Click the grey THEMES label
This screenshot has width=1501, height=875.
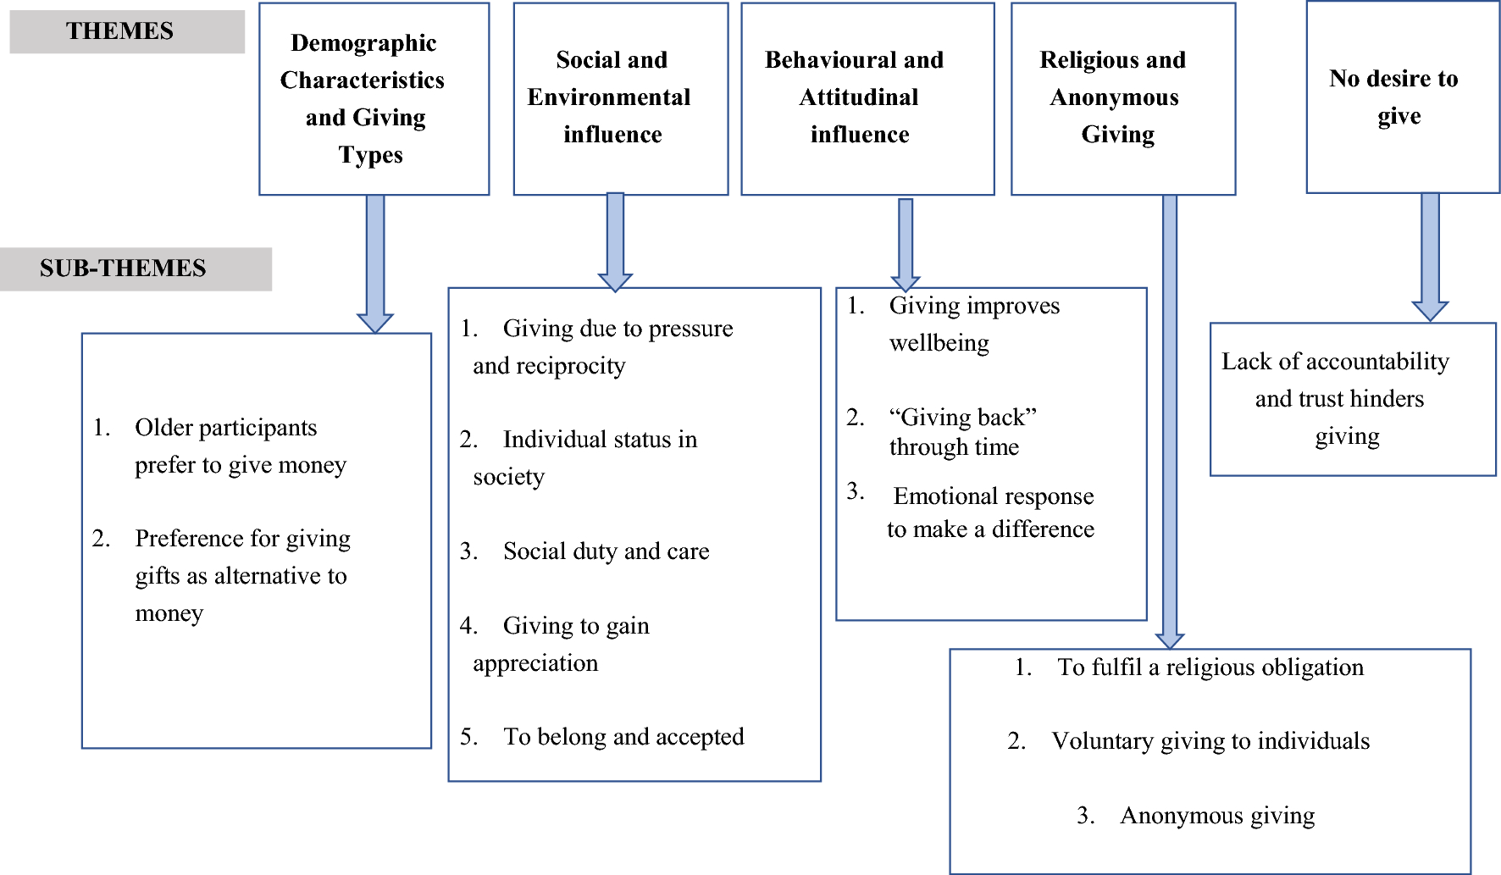click(120, 31)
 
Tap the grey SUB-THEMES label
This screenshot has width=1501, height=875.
click(124, 269)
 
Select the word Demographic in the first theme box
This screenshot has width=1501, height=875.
click(363, 43)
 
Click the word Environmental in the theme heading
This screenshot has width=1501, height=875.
click(608, 97)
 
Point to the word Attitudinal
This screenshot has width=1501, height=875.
click(859, 97)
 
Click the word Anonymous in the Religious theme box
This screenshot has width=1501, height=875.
click(1114, 97)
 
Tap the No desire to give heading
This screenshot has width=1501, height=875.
click(1394, 96)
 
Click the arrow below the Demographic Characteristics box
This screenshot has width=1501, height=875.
click(374, 263)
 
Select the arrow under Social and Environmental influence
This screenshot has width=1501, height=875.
click(616, 241)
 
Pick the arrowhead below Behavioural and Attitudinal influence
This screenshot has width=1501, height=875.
click(906, 282)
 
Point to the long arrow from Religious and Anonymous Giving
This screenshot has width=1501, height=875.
click(1170, 424)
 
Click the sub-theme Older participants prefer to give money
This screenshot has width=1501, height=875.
click(227, 446)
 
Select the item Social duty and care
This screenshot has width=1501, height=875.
click(606, 551)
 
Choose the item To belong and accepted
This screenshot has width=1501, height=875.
click(623, 737)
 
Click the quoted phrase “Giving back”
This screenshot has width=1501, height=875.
click(962, 418)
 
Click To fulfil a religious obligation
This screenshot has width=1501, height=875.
click(1210, 667)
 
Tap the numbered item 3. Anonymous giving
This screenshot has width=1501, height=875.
click(1216, 816)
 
